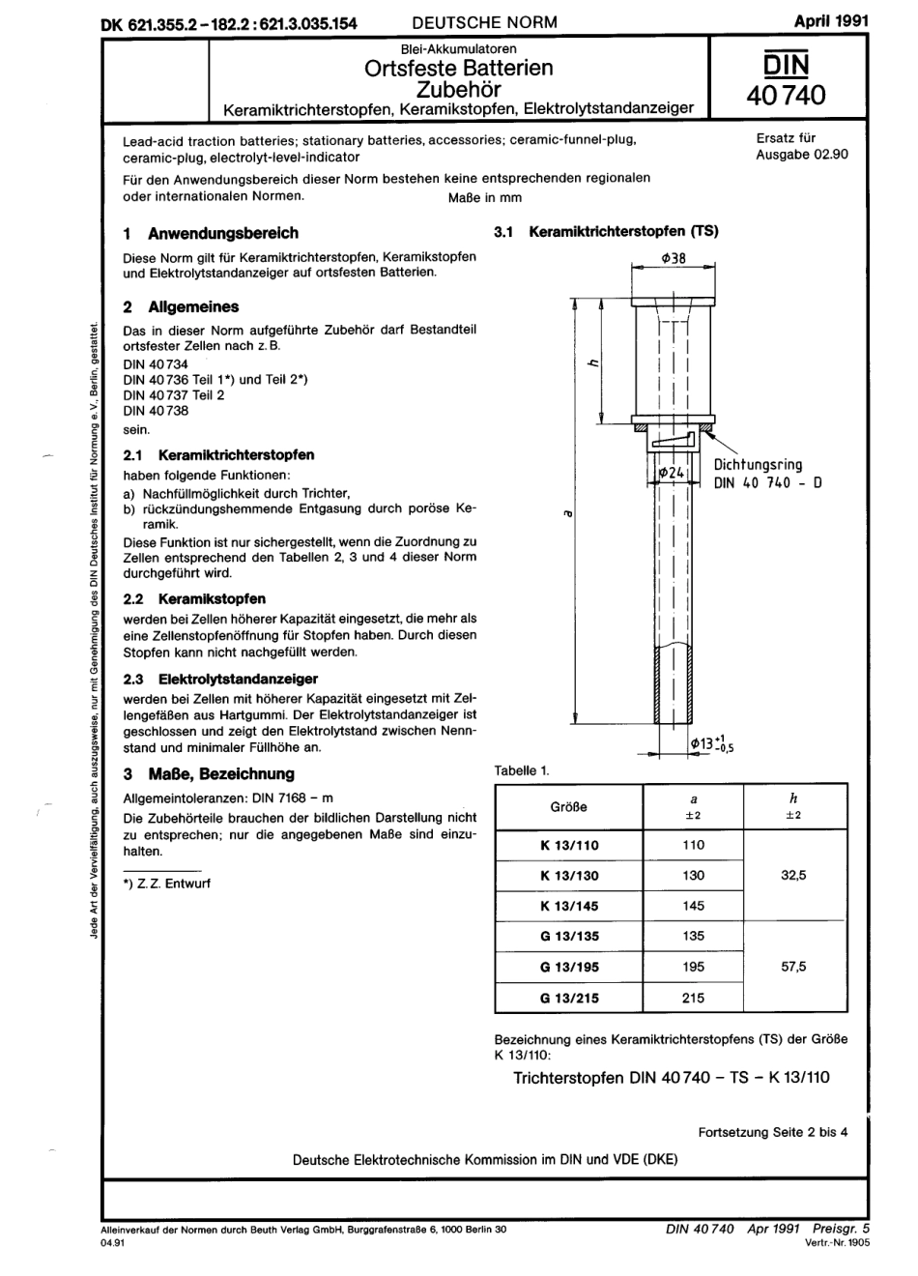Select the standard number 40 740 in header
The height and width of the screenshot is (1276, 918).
tap(787, 96)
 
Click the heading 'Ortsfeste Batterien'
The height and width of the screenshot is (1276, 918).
tap(458, 68)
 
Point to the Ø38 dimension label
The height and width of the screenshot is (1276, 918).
tap(673, 258)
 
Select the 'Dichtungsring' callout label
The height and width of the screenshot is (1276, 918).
tap(758, 465)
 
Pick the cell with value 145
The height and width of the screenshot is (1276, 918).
tap(693, 906)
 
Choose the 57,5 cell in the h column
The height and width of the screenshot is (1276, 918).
tap(793, 966)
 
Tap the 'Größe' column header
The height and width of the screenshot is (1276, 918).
tap(568, 806)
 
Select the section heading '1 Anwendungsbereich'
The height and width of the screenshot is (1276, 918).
tap(211, 233)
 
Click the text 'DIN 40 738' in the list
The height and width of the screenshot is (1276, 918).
tap(156, 410)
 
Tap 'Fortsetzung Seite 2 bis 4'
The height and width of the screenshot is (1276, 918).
tap(772, 1132)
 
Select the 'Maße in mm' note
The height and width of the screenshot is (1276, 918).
tap(484, 197)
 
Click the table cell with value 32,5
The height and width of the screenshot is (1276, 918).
tap(793, 875)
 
